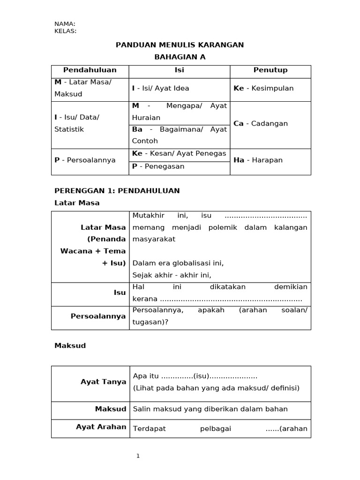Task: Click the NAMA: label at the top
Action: pyautogui.click(x=65, y=24)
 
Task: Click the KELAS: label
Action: pyautogui.click(x=65, y=31)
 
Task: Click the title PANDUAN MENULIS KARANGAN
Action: pyautogui.click(x=180, y=45)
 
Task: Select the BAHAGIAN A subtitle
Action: pyautogui.click(x=180, y=57)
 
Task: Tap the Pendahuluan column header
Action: pyautogui.click(x=90, y=70)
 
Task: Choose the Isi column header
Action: pyautogui.click(x=179, y=70)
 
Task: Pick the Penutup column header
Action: pyautogui.click(x=270, y=70)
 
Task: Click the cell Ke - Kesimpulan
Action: pyautogui.click(x=263, y=88)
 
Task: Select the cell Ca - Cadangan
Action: pyautogui.click(x=261, y=124)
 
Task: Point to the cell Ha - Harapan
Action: pyautogui.click(x=258, y=160)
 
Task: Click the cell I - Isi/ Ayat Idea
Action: pyautogui.click(x=161, y=88)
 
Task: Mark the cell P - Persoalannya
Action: pyautogui.click(x=85, y=160)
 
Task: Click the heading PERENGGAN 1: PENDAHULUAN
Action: pyautogui.click(x=117, y=191)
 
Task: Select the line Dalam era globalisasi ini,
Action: pyautogui.click(x=178, y=263)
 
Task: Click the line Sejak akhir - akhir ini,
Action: pyautogui.click(x=172, y=275)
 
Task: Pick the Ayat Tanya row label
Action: pyautogui.click(x=103, y=382)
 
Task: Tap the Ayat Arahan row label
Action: pyautogui.click(x=101, y=427)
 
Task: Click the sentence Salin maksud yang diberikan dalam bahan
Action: pyautogui.click(x=210, y=409)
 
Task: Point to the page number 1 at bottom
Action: pyautogui.click(x=138, y=456)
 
